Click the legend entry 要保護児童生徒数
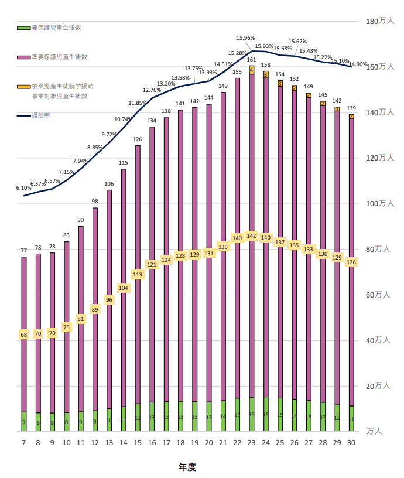pyautogui.click(x=56, y=28)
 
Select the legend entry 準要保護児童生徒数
pyautogui.click(x=59, y=57)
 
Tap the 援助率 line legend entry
pyautogui.click(x=40, y=115)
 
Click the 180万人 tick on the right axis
pyautogui.click(x=380, y=21)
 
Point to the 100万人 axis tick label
pyautogui.click(x=380, y=203)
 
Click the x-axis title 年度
pyautogui.click(x=187, y=467)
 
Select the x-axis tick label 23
pyautogui.click(x=251, y=443)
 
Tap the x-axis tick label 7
pyautogui.click(x=24, y=443)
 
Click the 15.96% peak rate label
pyautogui.click(x=245, y=38)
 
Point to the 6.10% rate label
pyautogui.click(x=23, y=188)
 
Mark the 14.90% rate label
pyautogui.click(x=358, y=64)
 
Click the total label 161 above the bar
pyautogui.click(x=251, y=60)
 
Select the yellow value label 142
pyautogui.click(x=251, y=236)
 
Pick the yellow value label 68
pyautogui.click(x=24, y=334)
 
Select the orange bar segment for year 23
pyautogui.click(x=251, y=70)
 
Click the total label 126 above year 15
pyautogui.click(x=138, y=139)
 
